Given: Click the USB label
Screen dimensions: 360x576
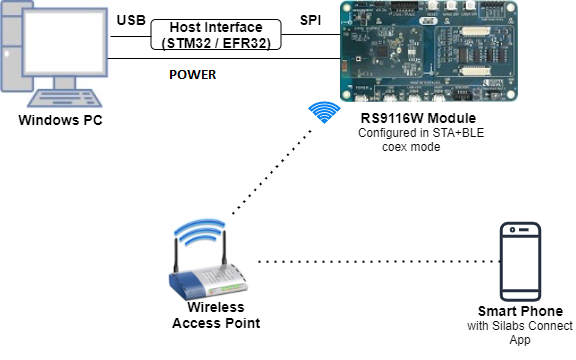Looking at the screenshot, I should tap(131, 20).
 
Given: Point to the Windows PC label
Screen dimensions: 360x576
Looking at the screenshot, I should tap(61, 121).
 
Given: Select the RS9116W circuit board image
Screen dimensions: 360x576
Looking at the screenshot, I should tap(434, 53).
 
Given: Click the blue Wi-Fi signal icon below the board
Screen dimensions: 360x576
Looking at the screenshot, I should tap(321, 113).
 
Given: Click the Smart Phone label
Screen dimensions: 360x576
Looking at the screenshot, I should tap(520, 311).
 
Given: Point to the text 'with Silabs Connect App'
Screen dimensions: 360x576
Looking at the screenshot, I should tap(520, 333).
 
